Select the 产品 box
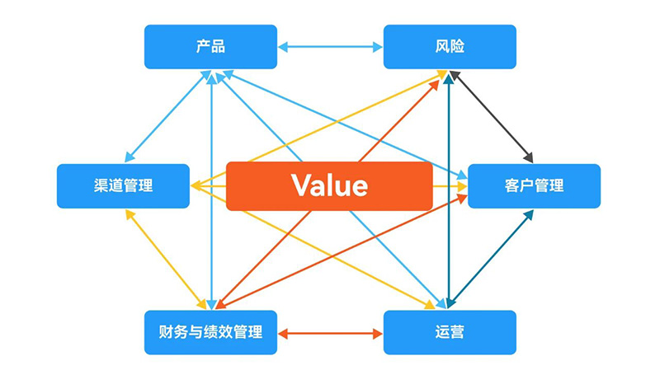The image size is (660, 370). click(x=210, y=46)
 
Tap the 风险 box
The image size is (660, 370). click(x=450, y=46)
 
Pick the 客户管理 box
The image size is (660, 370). click(x=534, y=185)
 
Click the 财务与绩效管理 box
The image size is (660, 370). click(x=210, y=332)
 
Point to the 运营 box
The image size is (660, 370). click(x=450, y=332)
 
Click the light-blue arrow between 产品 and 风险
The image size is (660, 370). click(x=330, y=47)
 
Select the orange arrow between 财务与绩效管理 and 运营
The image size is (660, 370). click(x=330, y=334)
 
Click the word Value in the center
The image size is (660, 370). click(x=329, y=185)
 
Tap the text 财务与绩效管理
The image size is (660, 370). click(x=210, y=332)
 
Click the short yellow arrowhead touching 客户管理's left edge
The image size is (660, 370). click(x=461, y=186)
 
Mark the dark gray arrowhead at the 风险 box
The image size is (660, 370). click(x=453, y=76)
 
